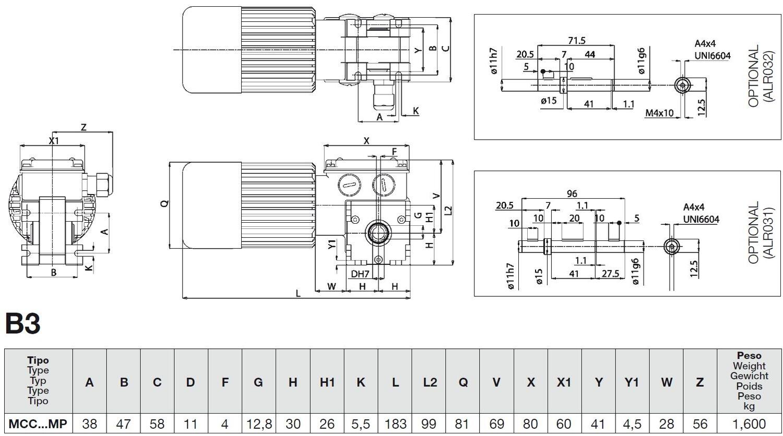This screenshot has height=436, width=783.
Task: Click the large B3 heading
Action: [x=23, y=323]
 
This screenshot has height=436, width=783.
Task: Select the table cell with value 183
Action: [x=395, y=424]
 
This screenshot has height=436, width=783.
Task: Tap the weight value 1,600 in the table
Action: [x=749, y=424]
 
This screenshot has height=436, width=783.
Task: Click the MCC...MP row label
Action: [x=38, y=424]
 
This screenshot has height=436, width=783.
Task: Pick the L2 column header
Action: [x=430, y=382]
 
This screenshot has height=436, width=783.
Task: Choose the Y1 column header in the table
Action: [x=631, y=382]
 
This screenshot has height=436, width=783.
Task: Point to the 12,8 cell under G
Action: [x=259, y=424]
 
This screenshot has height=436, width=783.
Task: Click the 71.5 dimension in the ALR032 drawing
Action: [x=576, y=41]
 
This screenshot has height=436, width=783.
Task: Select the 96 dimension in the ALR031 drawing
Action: [x=572, y=193]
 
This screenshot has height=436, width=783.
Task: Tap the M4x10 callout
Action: [x=659, y=113]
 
